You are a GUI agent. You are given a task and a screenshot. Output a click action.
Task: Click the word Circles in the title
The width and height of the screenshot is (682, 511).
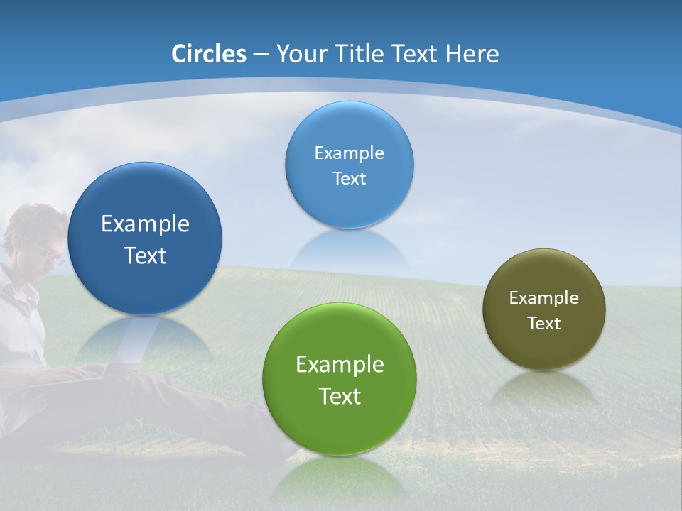tap(209, 54)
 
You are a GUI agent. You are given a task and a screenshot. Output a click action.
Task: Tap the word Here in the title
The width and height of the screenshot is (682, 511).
tap(472, 54)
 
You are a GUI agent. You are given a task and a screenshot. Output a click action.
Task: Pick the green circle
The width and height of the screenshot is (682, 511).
tap(339, 419)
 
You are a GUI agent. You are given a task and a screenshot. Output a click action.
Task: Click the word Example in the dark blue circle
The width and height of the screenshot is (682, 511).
tap(145, 224)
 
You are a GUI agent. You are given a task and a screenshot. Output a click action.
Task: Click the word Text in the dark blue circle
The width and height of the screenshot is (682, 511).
tap(145, 255)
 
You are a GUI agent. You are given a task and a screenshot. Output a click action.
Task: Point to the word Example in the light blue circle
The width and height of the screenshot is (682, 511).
tap(349, 153)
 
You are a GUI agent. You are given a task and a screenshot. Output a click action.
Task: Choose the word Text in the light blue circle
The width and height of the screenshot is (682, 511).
tap(349, 179)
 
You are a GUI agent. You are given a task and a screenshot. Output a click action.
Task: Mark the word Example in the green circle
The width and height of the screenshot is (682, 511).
tap(340, 365)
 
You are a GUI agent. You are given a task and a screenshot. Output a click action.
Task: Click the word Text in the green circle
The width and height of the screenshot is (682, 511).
tap(340, 396)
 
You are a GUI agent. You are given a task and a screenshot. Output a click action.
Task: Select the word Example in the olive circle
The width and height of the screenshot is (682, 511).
tap(543, 298)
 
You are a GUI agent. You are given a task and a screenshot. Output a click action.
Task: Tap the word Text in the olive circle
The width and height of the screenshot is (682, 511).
tap(544, 324)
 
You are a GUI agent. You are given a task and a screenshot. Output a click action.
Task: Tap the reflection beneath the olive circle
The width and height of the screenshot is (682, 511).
tap(544, 387)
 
